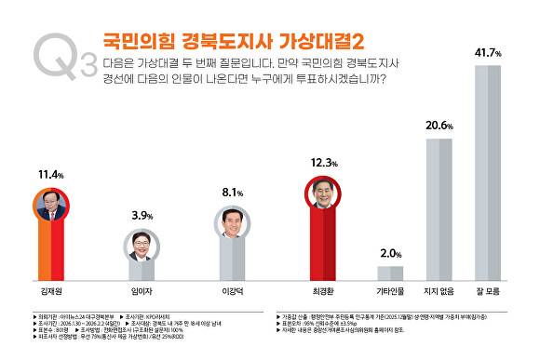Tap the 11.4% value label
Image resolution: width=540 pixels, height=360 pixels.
point(49,173)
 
